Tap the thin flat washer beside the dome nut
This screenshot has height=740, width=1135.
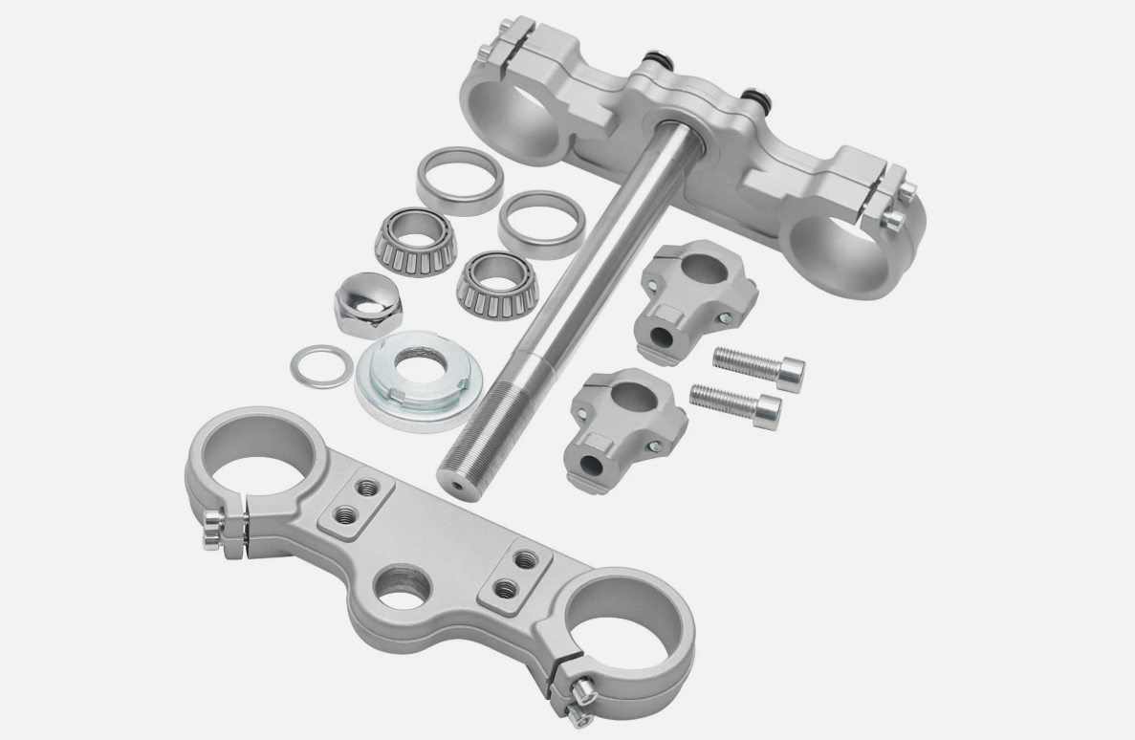[319, 365]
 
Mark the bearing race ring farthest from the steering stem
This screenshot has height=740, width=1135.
[459, 179]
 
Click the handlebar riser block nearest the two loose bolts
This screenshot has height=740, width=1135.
[697, 297]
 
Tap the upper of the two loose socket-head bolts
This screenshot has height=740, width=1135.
[759, 366]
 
